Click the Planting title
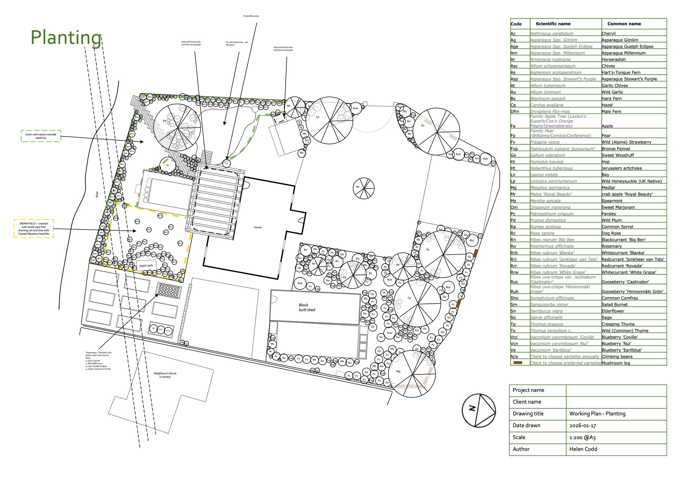coord(66,38)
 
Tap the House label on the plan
coord(258,227)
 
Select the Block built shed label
coord(307,307)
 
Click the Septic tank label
coord(146,266)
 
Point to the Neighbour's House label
coord(165,375)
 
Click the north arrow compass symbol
coord(479,411)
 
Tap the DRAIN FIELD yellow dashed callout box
coord(34,228)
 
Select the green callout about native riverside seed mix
coord(41,136)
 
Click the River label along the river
coord(97,194)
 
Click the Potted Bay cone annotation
coord(251,16)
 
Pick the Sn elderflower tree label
coord(422,125)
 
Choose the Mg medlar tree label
coord(398,371)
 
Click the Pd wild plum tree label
coord(164,121)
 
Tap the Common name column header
coord(624,24)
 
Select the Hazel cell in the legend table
coord(607,105)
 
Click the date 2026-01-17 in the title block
coord(582,426)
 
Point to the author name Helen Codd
coord(583,449)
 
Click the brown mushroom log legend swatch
coord(518,363)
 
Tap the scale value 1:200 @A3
coord(582,437)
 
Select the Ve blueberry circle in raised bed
coord(154,328)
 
